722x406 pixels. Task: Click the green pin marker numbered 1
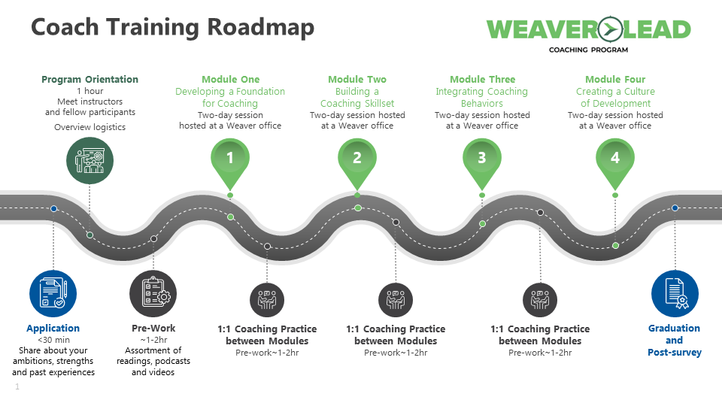point(230,159)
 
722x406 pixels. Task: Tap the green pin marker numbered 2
point(357,159)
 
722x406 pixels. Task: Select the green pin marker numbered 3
point(482,159)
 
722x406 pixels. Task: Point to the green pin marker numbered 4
point(615,159)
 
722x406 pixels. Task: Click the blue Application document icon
point(53,293)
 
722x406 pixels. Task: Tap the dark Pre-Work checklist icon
point(153,293)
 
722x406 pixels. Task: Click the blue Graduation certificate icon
point(675,293)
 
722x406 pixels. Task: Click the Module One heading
point(230,80)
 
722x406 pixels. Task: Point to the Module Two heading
point(357,80)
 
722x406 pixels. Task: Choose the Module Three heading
point(482,80)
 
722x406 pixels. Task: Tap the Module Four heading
point(615,80)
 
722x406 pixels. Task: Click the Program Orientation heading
point(89,80)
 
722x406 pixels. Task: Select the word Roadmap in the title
point(260,27)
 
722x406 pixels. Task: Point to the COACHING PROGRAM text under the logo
point(588,50)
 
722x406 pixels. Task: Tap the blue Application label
point(53,329)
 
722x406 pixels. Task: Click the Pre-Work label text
point(153,329)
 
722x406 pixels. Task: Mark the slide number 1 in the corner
point(17,387)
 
